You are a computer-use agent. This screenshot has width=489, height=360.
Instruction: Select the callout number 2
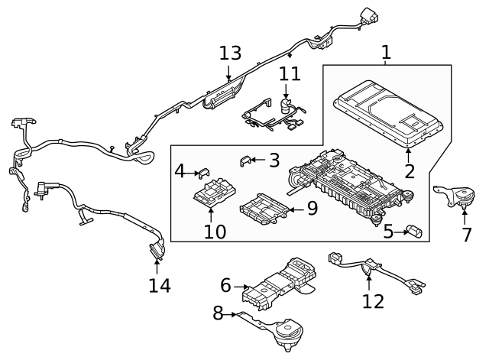pyautogui.click(x=410, y=170)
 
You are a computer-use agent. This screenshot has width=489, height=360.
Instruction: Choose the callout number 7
pyautogui.click(x=467, y=234)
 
